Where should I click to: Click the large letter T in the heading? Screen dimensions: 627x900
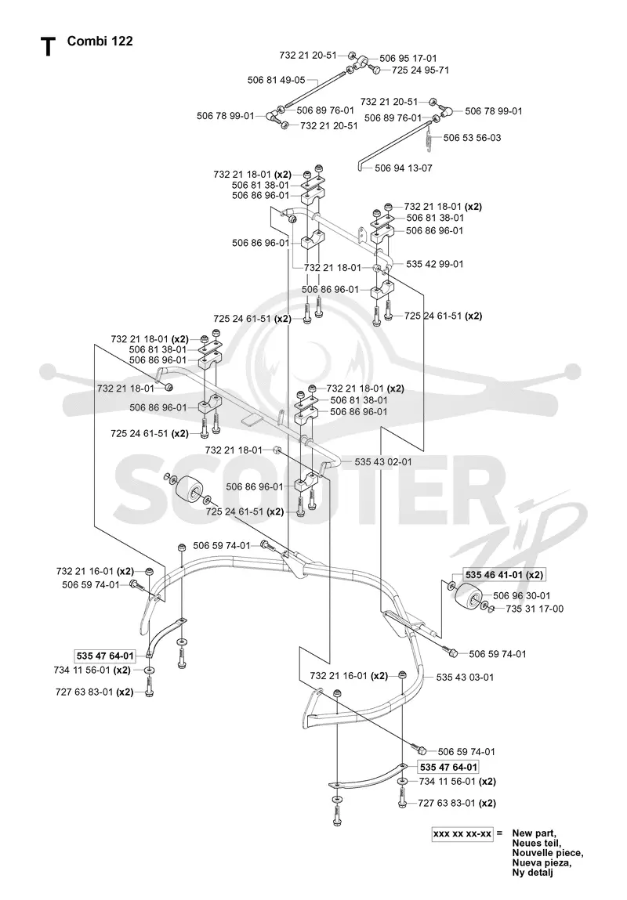coord(49,46)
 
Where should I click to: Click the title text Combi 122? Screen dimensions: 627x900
coord(100,41)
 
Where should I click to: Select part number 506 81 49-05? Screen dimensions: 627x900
coord(276,81)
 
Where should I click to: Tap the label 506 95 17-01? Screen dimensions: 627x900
coord(408,58)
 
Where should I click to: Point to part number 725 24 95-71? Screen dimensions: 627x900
coord(420,70)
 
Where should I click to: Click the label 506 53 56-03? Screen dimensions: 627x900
coord(472,138)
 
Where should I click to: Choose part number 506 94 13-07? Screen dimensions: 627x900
coord(404,168)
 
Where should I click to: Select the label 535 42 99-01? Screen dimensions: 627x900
coord(435,264)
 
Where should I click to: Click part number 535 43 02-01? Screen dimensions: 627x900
coord(383,461)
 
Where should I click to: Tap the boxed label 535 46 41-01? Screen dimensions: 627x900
coord(494,575)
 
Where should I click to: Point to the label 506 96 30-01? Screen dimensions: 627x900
coord(521,596)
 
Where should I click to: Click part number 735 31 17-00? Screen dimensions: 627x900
coord(535,609)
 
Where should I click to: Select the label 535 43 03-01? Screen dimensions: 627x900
coord(465,678)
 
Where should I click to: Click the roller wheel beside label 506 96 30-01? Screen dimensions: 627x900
coord(469,599)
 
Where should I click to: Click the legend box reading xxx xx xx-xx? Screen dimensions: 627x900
coord(462,833)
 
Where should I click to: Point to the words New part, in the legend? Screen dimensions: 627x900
coord(534,833)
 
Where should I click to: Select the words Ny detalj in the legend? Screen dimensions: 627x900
coord(532,873)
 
